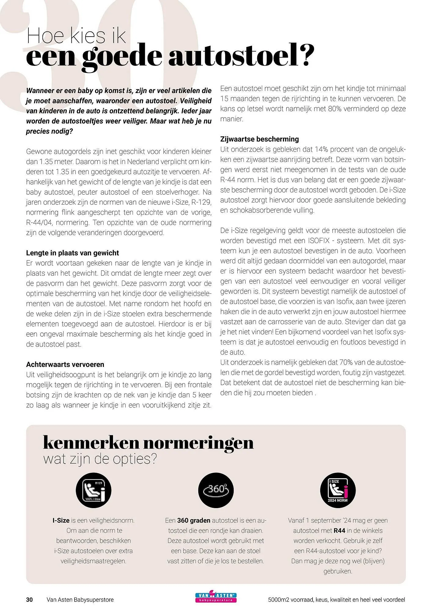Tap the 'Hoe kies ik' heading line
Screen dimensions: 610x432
[x=76, y=36]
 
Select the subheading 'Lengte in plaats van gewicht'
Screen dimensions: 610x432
[x=72, y=253]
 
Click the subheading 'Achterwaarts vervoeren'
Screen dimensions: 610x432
[x=65, y=364]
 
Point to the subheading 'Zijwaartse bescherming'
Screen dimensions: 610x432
[x=259, y=139]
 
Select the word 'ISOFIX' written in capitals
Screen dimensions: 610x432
[x=317, y=241]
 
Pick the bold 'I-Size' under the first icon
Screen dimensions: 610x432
[x=61, y=520]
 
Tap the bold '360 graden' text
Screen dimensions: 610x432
[x=193, y=520]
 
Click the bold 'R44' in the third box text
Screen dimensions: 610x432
[x=339, y=530]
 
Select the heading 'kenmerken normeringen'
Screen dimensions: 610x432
[x=148, y=443]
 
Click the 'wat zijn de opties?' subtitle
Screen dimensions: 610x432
[x=100, y=459]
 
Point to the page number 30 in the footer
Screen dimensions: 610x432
[x=29, y=600]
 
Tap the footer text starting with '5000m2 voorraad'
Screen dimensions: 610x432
[x=336, y=600]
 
